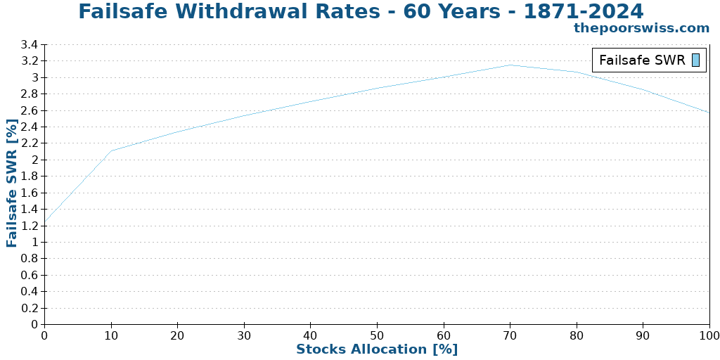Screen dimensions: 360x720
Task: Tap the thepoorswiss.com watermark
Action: [641, 28]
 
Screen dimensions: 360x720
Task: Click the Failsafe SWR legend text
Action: [641, 60]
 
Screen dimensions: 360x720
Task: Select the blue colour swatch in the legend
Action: [695, 60]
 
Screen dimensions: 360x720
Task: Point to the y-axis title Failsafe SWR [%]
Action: [12, 183]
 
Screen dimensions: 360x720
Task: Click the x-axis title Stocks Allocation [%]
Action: [376, 349]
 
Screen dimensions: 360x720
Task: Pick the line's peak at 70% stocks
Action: [510, 65]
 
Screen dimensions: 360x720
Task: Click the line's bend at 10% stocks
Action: [111, 150]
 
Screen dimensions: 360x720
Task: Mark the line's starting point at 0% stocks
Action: [45, 224]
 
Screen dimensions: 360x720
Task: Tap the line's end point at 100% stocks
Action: [709, 112]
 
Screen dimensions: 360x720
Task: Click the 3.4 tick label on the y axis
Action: [29, 45]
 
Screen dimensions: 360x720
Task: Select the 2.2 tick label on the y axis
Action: [29, 143]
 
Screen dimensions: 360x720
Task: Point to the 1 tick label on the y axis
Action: [34, 242]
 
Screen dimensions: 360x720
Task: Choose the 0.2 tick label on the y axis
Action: [29, 308]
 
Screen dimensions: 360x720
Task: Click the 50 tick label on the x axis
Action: [377, 335]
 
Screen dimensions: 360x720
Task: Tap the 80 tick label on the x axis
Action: [577, 335]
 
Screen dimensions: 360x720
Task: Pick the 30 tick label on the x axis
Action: [244, 335]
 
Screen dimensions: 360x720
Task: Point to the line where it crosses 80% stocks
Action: [577, 72]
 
